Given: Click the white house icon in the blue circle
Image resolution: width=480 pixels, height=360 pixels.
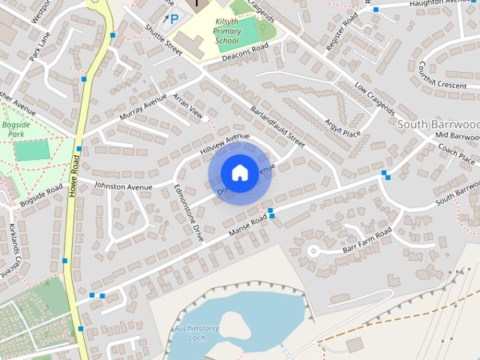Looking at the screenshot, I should point(238,172).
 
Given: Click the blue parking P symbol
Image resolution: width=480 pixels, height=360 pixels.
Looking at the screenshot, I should point(175,19).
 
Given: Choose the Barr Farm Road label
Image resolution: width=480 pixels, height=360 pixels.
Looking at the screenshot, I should point(366,242).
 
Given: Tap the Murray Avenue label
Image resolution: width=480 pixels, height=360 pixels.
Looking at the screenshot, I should point(142,111).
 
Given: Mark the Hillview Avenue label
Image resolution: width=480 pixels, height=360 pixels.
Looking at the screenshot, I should point(224,144).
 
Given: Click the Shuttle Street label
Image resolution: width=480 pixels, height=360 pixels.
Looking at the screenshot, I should point(163,39).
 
